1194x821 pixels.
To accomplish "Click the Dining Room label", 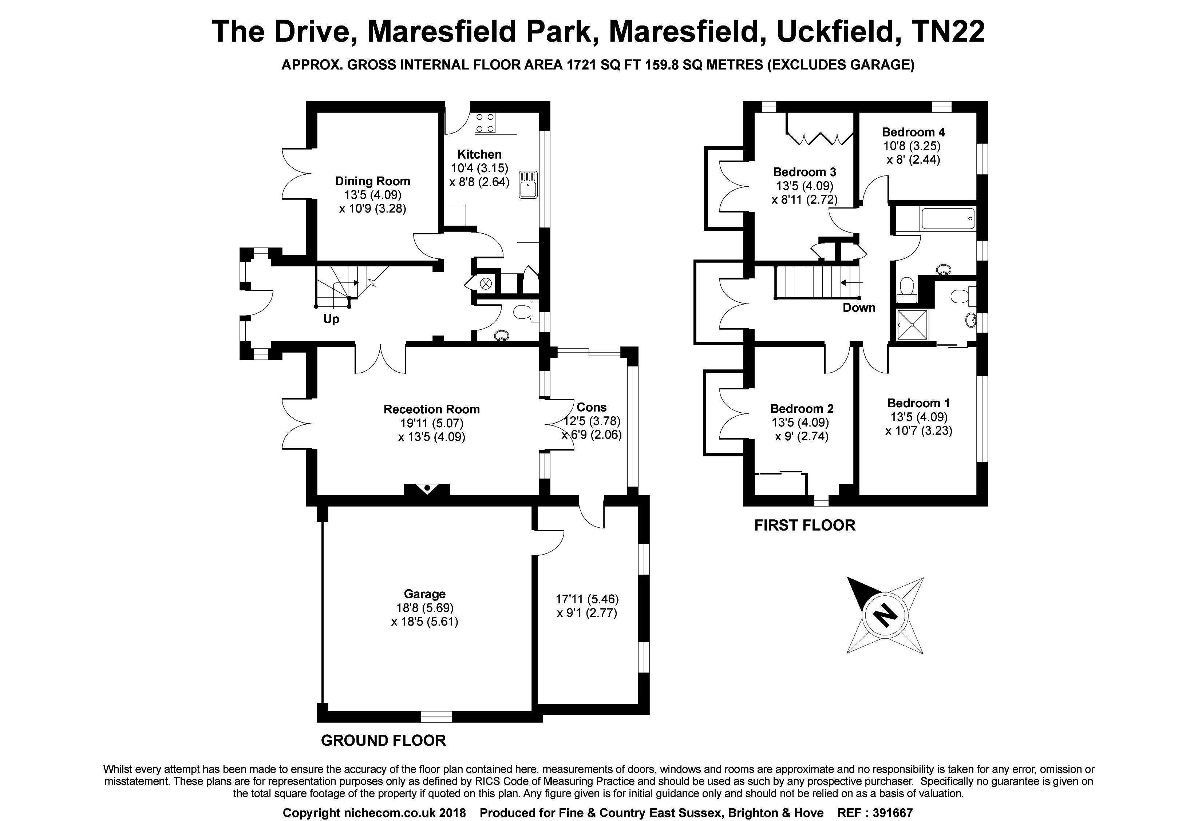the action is tap(372, 181).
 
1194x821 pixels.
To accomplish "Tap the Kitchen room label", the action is tap(479, 154).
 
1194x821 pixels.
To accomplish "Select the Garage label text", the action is tap(424, 594).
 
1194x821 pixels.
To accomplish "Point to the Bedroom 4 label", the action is tap(913, 132).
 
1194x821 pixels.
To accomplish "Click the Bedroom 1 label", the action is tap(918, 403).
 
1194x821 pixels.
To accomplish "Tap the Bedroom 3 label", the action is tap(804, 172).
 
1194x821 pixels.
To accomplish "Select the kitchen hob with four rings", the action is tap(485, 122).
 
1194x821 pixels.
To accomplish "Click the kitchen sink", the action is tap(528, 185).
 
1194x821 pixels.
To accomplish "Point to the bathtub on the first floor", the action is tap(948, 219).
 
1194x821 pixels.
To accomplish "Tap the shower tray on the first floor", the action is tap(912, 325).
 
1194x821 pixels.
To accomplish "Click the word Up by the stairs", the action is tap(331, 319).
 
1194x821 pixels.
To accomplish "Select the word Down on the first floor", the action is tap(859, 308).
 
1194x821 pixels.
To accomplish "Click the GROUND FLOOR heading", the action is tap(383, 740).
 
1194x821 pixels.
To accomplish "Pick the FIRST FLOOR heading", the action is tap(804, 525).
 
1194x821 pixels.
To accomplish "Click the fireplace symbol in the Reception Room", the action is tap(427, 489).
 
